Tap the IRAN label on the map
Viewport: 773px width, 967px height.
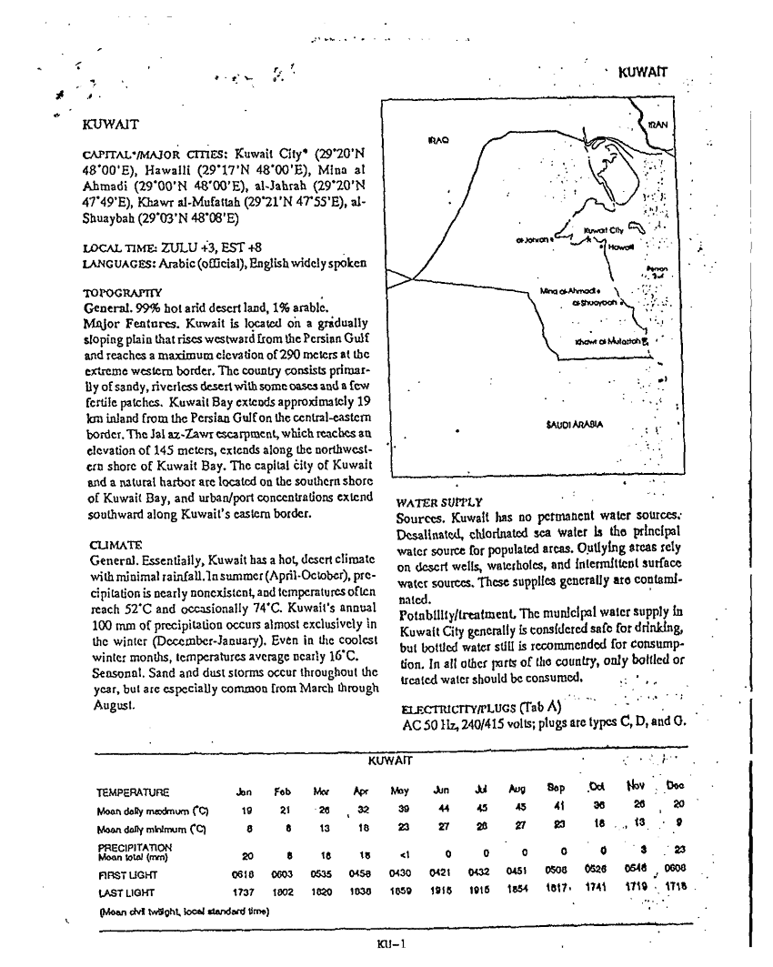[658, 125]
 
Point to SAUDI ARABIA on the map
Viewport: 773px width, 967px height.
[574, 424]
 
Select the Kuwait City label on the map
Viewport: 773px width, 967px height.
[602, 231]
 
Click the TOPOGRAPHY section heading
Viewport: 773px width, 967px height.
[123, 294]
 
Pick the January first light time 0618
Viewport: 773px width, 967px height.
[243, 868]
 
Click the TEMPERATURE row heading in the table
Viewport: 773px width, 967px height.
[132, 792]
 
